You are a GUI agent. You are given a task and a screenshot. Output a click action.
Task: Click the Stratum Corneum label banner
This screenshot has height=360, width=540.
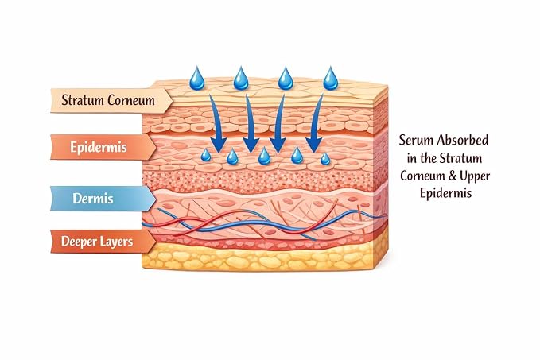[x=111, y=100]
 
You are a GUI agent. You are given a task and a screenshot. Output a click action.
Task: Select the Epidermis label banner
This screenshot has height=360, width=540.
[x=103, y=147]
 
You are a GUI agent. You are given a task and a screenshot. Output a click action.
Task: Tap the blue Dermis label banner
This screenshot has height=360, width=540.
[x=103, y=199]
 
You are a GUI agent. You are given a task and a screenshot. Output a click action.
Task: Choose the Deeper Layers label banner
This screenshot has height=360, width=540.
[x=103, y=242]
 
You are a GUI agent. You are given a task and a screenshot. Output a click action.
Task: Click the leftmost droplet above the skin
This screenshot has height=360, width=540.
[x=197, y=79]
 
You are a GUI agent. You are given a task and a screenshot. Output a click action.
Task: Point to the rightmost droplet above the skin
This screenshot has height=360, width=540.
[x=331, y=79]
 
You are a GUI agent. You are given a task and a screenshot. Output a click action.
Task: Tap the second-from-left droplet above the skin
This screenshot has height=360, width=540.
[x=241, y=79]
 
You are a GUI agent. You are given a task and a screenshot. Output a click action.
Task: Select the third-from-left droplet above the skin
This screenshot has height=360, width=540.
[x=286, y=79]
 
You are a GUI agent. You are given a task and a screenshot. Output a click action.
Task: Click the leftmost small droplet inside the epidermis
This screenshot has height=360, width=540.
[x=206, y=155]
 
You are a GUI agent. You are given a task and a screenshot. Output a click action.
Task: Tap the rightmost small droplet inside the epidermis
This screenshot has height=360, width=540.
[x=325, y=159]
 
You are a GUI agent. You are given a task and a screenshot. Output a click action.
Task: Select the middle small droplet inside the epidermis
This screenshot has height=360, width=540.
[x=264, y=156]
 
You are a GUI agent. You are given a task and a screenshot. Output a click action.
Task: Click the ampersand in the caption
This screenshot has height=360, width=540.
[x=453, y=176]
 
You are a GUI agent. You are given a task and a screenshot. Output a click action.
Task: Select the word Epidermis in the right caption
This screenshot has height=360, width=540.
[x=445, y=193]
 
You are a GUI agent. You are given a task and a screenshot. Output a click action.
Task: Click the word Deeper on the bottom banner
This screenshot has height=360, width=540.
[x=78, y=242]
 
